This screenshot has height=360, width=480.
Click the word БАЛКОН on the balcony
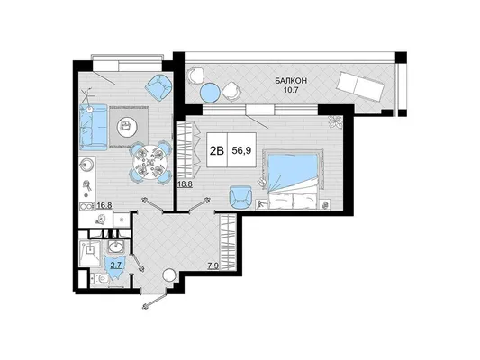(291, 81)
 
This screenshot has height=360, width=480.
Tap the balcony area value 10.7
(291, 90)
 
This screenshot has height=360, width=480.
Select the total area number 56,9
(241, 150)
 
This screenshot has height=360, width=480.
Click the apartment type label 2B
(217, 150)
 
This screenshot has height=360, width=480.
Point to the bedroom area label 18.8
(185, 184)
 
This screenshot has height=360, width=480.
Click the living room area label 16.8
(104, 205)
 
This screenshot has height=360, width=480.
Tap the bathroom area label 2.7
(116, 265)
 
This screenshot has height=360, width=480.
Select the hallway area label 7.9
(213, 266)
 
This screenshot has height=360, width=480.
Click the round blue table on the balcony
(210, 92)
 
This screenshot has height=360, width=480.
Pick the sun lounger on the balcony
(360, 85)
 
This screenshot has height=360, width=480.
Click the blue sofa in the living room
(94, 127)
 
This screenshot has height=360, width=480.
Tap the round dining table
(150, 162)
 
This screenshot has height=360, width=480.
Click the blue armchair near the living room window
(158, 88)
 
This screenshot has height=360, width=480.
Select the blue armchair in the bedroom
(241, 197)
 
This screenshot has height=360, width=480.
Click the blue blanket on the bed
(293, 171)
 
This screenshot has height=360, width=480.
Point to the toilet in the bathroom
(100, 279)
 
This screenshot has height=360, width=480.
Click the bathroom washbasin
(115, 247)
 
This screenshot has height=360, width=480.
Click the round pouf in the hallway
(168, 275)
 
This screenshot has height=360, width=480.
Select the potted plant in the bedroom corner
(335, 121)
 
